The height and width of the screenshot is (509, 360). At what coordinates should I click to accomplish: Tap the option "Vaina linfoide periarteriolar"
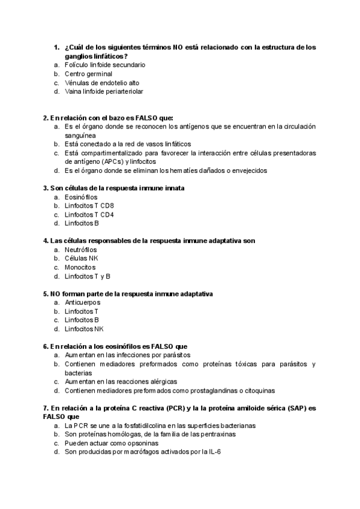click(104, 92)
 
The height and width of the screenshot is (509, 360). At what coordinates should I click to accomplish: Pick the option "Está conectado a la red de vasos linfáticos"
click(128, 144)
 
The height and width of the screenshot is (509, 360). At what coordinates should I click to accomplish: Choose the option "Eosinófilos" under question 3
click(81, 197)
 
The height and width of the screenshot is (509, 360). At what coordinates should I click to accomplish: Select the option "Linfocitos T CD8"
click(89, 206)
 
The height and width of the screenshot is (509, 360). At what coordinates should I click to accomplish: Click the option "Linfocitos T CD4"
click(89, 214)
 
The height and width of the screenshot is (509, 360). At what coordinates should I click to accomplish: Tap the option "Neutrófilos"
click(81, 250)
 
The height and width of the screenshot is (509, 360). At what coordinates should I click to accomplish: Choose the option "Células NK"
click(81, 259)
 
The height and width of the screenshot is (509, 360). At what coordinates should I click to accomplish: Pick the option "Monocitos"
click(80, 267)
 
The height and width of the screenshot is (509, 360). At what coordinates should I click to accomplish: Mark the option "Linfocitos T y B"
click(88, 277)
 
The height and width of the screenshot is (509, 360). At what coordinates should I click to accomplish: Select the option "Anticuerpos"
click(82, 303)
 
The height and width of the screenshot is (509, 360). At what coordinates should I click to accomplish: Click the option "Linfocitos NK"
click(85, 329)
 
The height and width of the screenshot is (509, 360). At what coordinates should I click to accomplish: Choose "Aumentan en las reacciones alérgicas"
click(121, 382)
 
